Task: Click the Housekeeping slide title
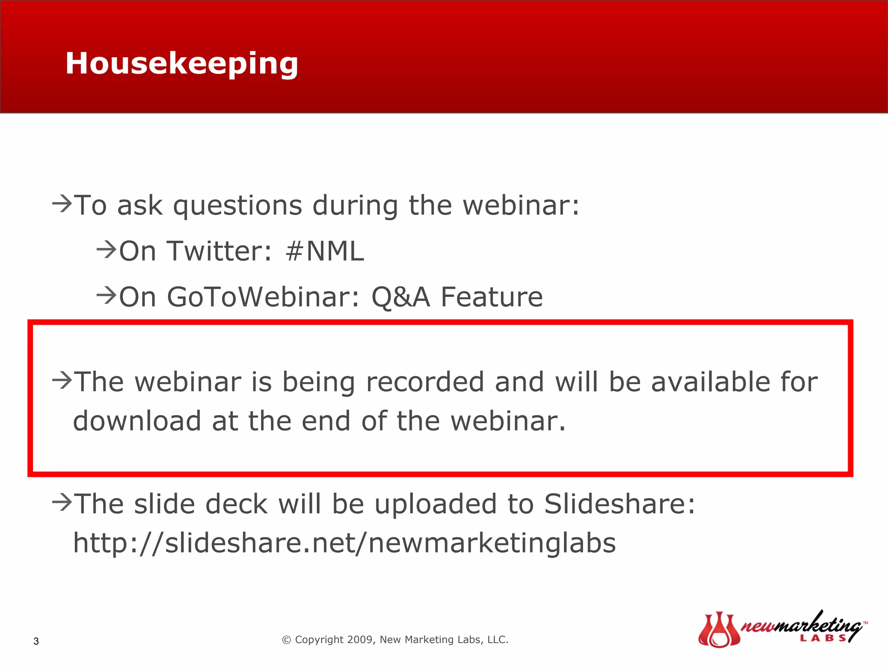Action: point(182,64)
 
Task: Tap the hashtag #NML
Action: point(324,251)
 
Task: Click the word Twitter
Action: point(220,251)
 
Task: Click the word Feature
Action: point(491,297)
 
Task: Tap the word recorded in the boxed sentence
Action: point(425,382)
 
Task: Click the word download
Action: point(137,421)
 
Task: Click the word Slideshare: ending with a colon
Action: point(620,504)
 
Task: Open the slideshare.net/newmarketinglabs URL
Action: point(344,543)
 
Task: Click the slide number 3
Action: point(36,641)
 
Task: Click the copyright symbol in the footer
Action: point(286,640)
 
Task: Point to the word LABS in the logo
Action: point(823,638)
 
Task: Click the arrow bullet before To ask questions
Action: point(62,203)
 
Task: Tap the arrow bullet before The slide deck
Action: point(62,503)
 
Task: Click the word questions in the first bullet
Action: point(238,205)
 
